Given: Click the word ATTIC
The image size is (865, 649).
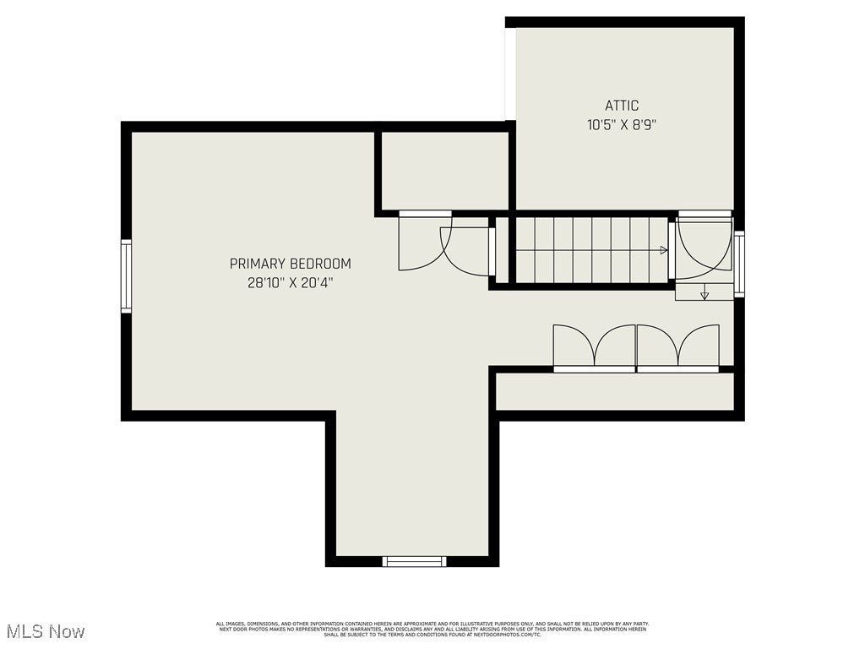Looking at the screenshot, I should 622,106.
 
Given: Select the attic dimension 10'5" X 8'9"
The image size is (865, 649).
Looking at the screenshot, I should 622,124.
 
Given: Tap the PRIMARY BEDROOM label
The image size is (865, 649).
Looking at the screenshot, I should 290,264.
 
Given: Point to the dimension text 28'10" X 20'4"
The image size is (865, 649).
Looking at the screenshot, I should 290,283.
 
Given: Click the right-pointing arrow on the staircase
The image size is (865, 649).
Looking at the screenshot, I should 664,250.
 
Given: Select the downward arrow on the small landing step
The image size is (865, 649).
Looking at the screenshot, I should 705,295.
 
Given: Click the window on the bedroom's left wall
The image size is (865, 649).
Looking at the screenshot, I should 126,275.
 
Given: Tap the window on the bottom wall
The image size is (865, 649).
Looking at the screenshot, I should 414,561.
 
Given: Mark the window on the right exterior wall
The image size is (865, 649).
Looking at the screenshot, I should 739,264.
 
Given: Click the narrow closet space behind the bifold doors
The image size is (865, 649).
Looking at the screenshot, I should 614,391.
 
